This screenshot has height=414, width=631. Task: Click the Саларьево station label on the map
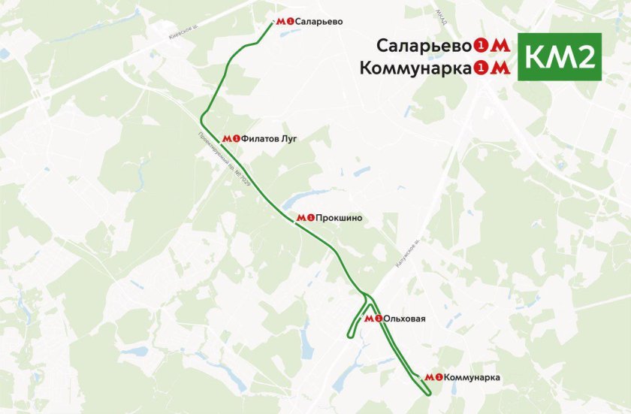click(319, 22)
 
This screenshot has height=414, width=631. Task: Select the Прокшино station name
click(339, 218)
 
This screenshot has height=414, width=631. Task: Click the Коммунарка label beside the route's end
click(472, 377)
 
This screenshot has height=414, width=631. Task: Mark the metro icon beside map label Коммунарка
click(433, 377)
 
